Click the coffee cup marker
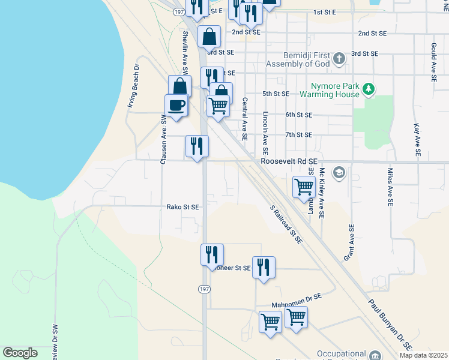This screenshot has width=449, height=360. (176, 106)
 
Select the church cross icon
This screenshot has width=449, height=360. (339, 59)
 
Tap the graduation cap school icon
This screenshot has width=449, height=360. (339, 173)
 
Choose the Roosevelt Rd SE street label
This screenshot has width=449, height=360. (288, 161)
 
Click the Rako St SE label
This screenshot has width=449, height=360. (182, 207)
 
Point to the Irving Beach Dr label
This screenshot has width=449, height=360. (133, 85)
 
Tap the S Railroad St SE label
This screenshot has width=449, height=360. (286, 224)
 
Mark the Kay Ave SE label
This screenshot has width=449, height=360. (417, 137)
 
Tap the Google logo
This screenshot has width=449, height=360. (20, 353)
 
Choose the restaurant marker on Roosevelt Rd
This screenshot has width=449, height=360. (197, 146)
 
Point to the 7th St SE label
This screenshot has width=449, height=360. (299, 135)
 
